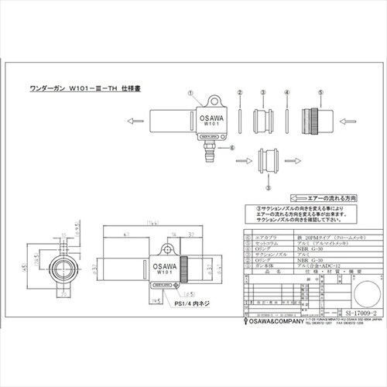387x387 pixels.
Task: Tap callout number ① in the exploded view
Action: (189, 91)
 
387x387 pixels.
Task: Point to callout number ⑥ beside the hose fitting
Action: (231, 145)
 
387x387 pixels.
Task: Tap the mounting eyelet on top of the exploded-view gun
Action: (212, 99)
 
